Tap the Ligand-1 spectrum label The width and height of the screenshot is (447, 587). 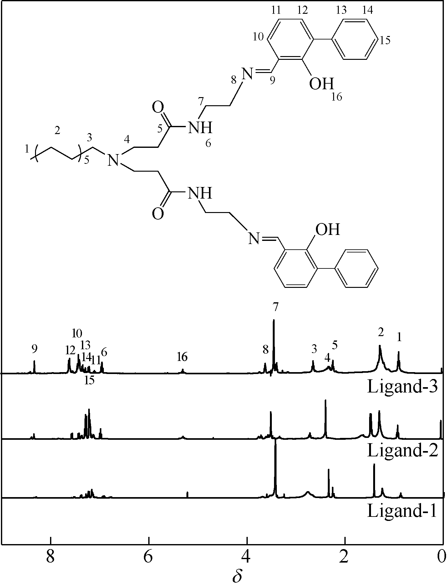402,511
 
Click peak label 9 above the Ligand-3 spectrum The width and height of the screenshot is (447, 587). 34,348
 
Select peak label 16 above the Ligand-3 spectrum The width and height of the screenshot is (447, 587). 182,356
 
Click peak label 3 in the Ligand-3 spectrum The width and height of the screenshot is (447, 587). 314,349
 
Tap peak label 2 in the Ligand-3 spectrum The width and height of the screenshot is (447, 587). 381,332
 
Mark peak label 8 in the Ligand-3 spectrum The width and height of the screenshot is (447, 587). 266,350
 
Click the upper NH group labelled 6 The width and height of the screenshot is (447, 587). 200,127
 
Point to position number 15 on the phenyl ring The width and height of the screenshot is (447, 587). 385,40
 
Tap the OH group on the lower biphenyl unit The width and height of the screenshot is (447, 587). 327,230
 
